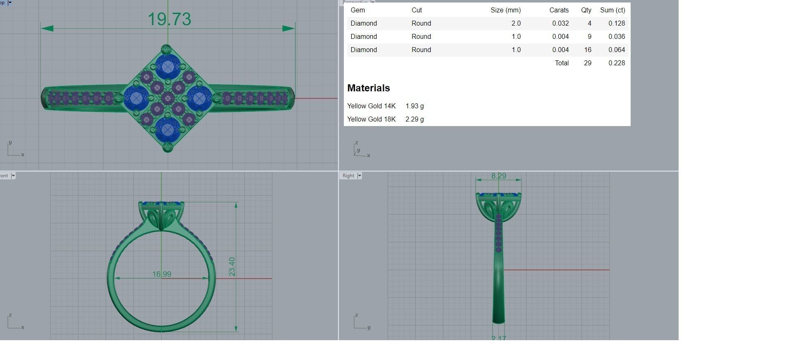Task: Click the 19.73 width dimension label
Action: point(169,19)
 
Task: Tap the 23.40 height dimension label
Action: point(232,267)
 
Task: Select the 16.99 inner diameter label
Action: point(162,274)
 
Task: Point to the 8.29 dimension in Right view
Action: point(498,176)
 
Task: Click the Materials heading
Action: point(368,88)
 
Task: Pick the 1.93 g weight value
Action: point(415,106)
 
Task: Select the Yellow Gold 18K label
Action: point(371,119)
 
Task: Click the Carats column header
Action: point(559,10)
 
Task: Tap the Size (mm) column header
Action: point(505,10)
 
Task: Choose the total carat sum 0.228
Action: point(616,63)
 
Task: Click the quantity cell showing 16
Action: point(587,50)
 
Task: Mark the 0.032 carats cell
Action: point(560,24)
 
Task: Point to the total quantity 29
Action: point(587,63)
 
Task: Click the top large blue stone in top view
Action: point(167,66)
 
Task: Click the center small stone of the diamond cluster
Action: point(167,98)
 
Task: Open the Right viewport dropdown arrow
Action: point(359,176)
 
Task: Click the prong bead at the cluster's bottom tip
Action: point(167,146)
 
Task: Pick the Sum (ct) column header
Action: point(612,10)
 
